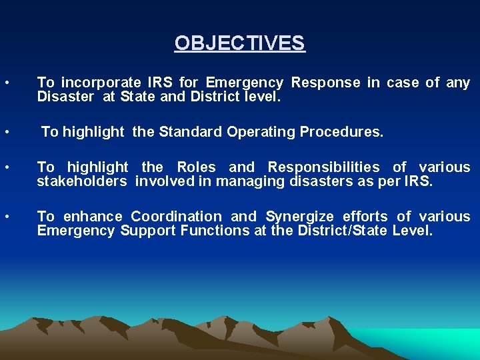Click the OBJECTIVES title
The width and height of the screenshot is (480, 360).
(x=239, y=43)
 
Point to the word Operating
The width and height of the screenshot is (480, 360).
(x=261, y=132)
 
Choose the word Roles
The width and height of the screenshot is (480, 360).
(x=196, y=167)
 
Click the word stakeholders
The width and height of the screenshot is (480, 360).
(x=81, y=181)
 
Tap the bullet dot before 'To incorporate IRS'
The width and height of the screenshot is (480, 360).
(x=6, y=83)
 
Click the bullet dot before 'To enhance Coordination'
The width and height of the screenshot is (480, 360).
(x=6, y=217)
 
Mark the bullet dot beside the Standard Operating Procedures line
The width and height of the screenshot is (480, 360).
(x=6, y=132)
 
